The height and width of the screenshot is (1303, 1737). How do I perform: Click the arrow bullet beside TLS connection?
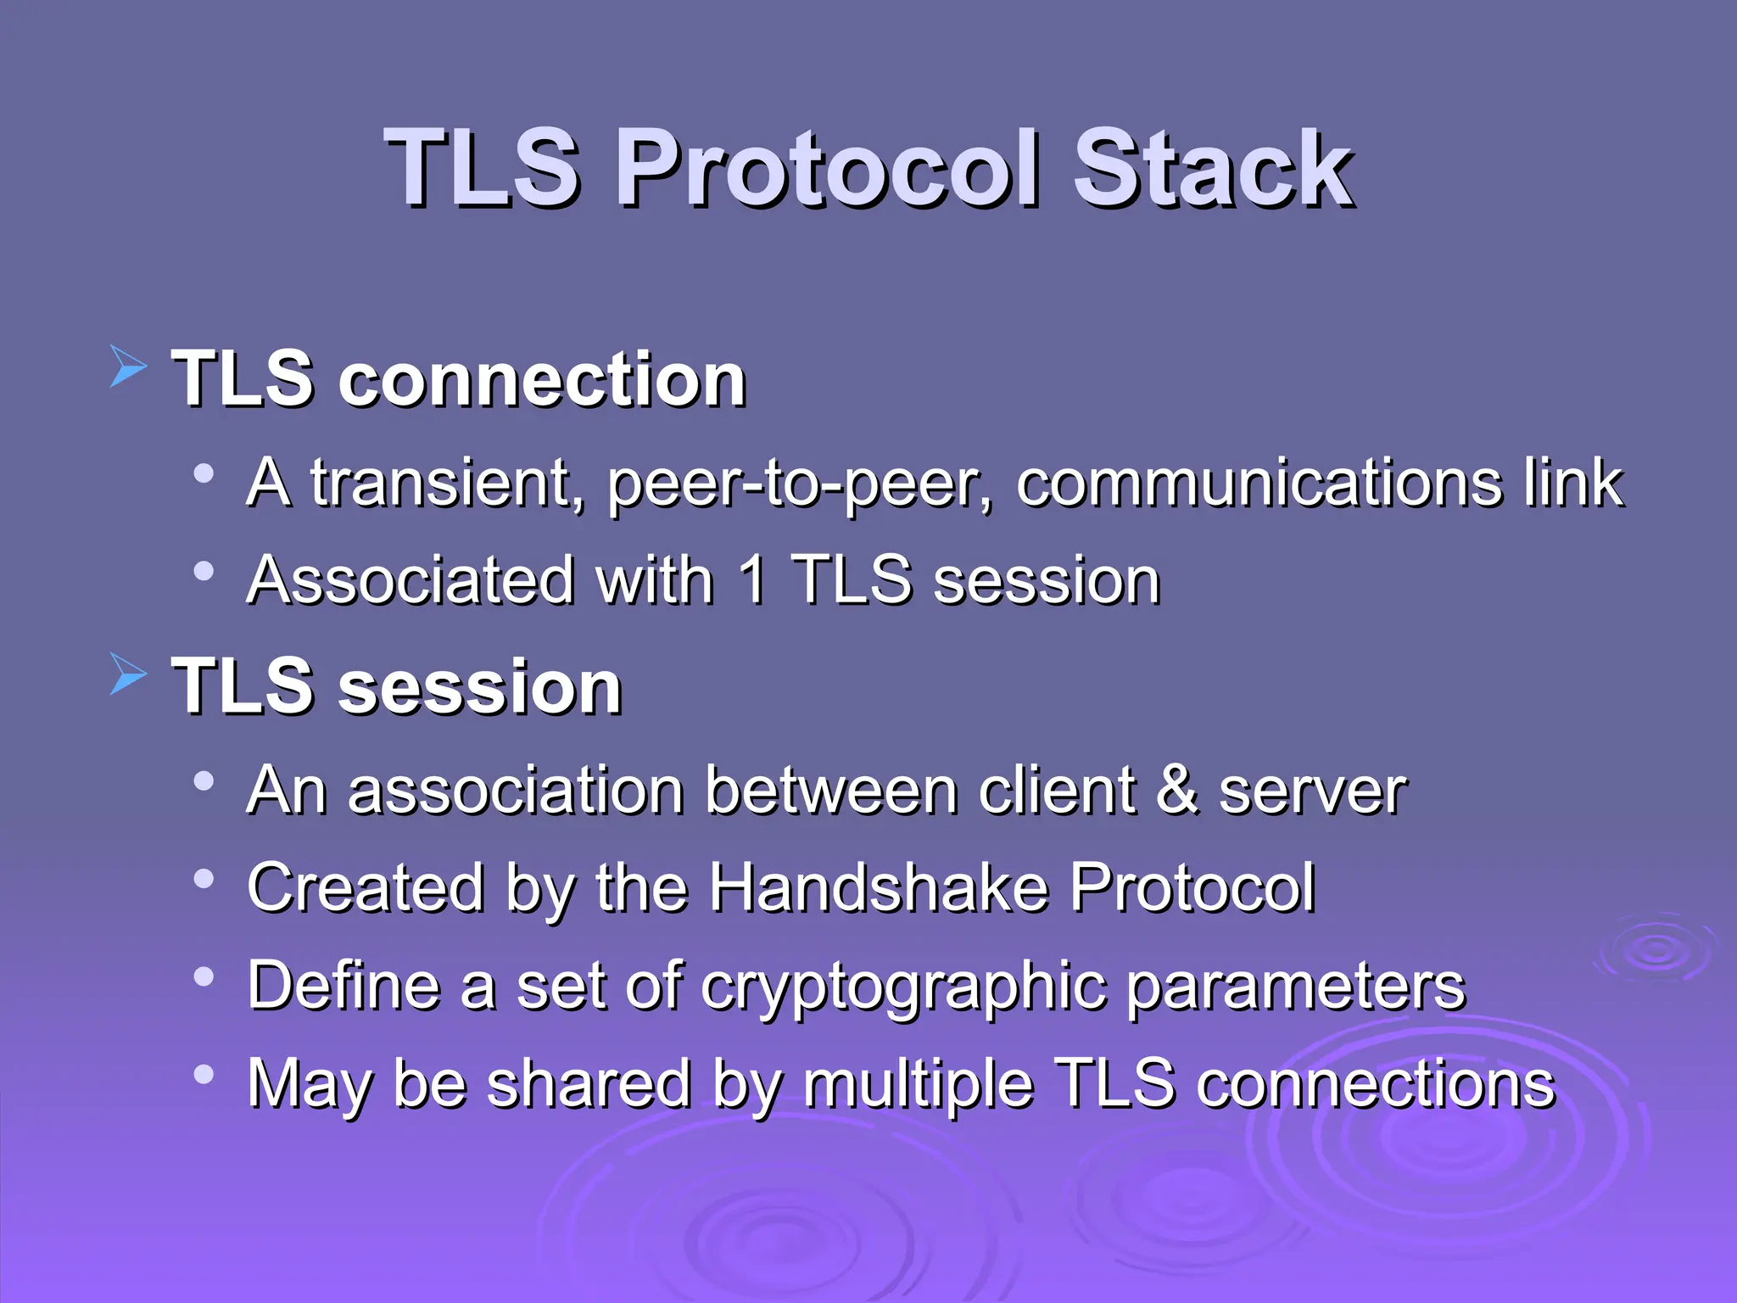129,368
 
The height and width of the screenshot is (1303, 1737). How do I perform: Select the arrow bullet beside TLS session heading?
129,675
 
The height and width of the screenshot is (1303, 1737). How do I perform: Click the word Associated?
411,581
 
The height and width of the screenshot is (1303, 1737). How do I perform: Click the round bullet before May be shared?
204,1075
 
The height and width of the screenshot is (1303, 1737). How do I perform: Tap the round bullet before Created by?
204,879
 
